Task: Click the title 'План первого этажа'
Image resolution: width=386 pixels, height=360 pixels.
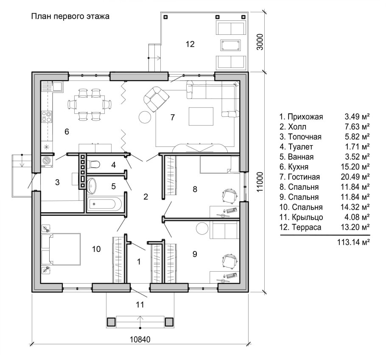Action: pyautogui.click(x=70, y=17)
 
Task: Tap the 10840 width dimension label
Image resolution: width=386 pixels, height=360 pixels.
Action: pyautogui.click(x=140, y=340)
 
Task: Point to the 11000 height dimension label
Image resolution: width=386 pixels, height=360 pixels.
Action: pyautogui.click(x=260, y=182)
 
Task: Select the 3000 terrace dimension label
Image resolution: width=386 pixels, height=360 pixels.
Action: pyautogui.click(x=260, y=42)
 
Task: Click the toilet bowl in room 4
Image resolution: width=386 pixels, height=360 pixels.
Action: pyautogui.click(x=93, y=164)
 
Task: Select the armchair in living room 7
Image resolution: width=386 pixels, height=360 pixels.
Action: pyautogui.click(x=157, y=98)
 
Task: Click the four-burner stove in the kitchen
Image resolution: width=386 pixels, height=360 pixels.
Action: pyautogui.click(x=47, y=117)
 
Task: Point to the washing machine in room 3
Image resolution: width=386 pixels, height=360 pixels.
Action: pyautogui.click(x=46, y=160)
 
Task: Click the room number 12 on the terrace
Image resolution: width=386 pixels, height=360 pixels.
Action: pyautogui.click(x=190, y=44)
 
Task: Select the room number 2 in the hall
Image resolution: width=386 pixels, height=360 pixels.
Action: pyautogui.click(x=146, y=197)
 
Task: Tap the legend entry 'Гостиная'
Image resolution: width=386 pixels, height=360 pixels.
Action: pyautogui.click(x=304, y=177)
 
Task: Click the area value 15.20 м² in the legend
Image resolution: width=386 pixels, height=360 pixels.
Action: pyautogui.click(x=355, y=167)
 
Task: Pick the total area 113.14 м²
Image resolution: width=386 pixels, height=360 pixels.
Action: pyautogui.click(x=353, y=242)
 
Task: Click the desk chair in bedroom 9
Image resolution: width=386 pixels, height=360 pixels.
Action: pyautogui.click(x=229, y=262)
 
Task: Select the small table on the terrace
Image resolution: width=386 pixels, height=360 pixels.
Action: pyautogui.click(x=231, y=45)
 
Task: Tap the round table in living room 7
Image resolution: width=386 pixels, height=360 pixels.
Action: pyautogui.click(x=145, y=117)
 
